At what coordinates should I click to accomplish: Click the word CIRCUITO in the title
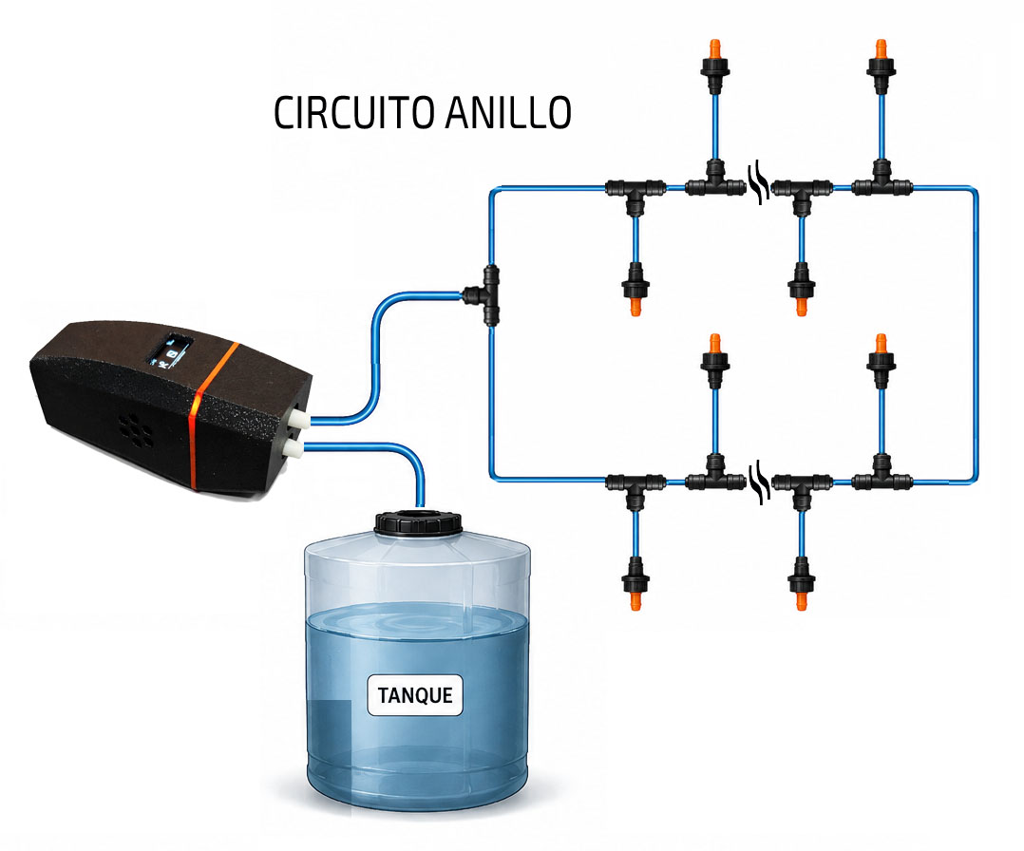[x=355, y=113]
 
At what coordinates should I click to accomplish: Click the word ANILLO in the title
[x=509, y=113]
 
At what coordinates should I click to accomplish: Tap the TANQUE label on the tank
[x=415, y=695]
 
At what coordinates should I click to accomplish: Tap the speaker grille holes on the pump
[x=136, y=431]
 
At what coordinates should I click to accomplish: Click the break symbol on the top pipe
[x=759, y=183]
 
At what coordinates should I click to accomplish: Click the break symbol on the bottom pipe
[x=759, y=482]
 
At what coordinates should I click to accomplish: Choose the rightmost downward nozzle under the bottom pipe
[x=802, y=583]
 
